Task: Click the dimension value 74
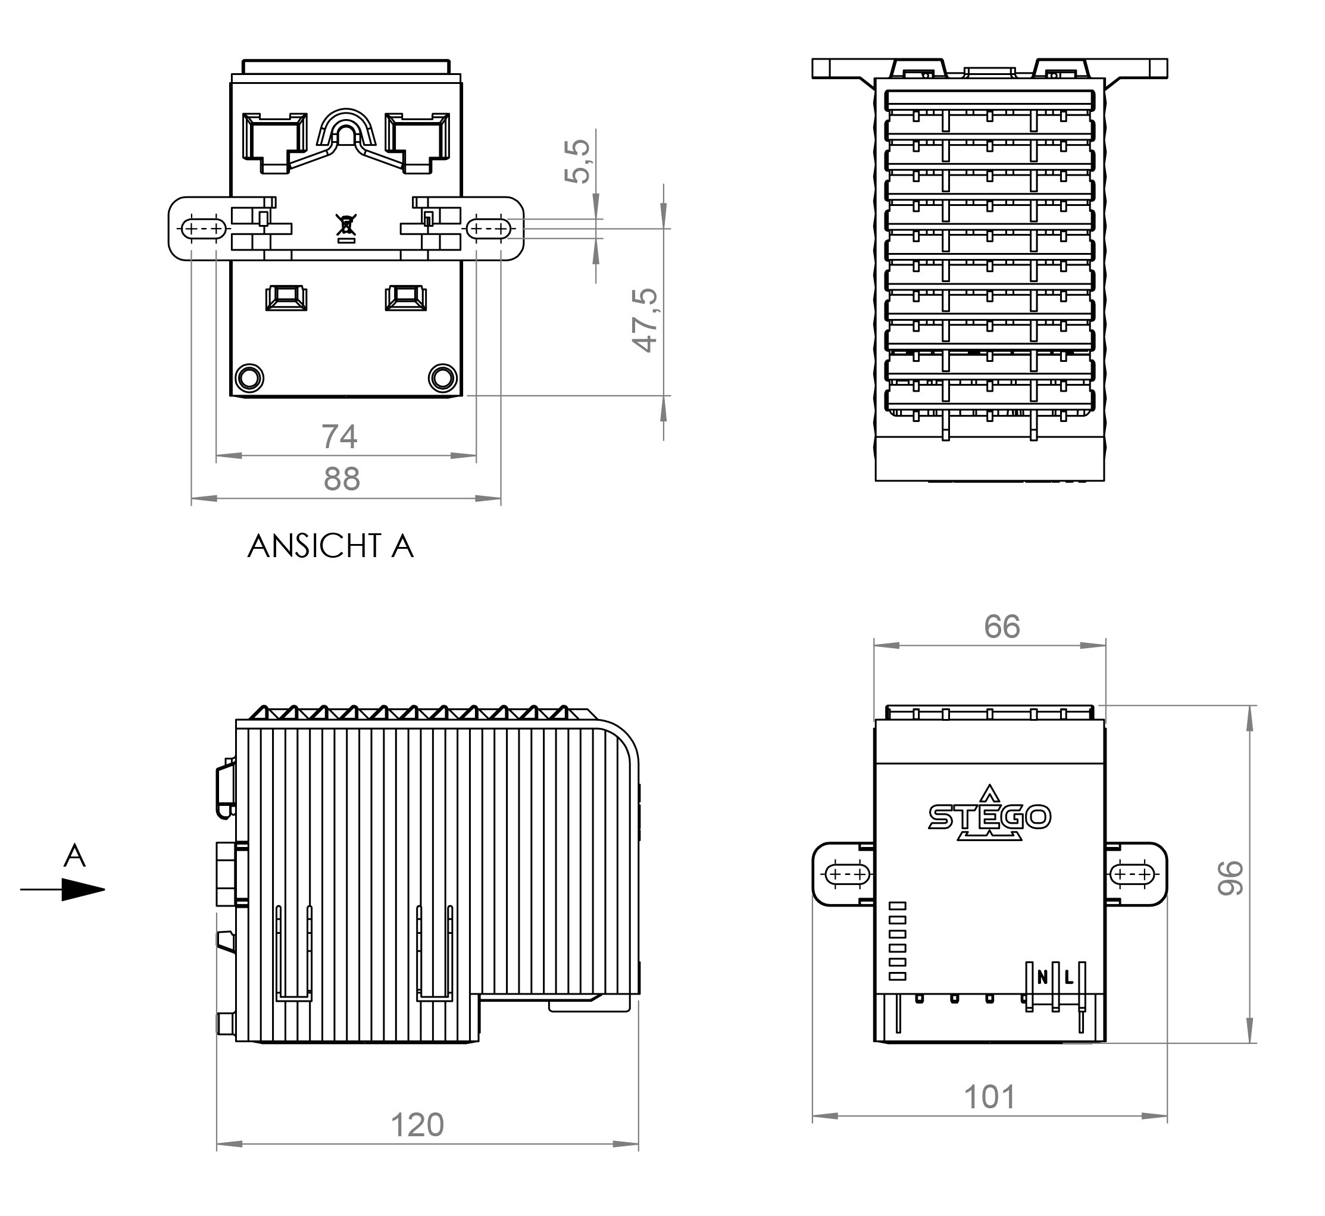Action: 339,437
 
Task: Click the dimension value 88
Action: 342,479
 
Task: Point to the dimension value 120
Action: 417,1125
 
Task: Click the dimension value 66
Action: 1001,626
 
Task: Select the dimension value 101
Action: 989,1097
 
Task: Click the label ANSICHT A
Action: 330,546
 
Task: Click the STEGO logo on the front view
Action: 989,816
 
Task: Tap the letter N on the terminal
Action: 1042,978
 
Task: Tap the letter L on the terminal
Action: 1068,978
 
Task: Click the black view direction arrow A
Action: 82,890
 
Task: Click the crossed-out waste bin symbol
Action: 346,225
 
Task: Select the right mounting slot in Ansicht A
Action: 489,229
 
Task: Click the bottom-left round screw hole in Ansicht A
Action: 249,378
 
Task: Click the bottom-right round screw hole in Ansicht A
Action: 442,378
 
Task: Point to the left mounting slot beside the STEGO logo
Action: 848,874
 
